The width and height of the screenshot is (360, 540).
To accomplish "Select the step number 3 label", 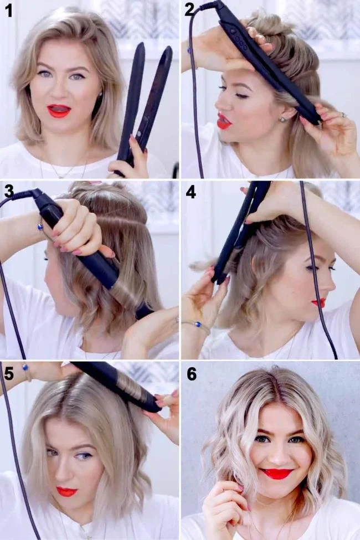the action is point(9,191).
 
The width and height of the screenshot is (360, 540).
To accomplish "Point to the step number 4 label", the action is point(191,192).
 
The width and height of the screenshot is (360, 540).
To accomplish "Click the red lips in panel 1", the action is point(59,111).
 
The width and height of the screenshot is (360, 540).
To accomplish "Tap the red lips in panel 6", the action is point(276,474).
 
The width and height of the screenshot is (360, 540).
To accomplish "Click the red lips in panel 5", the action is point(67,491).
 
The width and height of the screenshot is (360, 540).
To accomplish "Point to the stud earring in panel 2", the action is point(282,119).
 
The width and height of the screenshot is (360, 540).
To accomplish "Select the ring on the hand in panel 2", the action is point(343,114).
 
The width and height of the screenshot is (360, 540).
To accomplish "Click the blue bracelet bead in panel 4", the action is point(198,324).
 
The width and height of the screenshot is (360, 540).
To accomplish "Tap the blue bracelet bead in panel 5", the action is point(25,367).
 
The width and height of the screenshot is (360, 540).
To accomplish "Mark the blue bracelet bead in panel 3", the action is point(40,227).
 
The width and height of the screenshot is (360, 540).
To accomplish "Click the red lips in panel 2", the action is point(223,121).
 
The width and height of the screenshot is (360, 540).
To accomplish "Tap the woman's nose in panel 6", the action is point(276,455).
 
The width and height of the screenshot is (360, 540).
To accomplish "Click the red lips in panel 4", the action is point(319,303).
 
